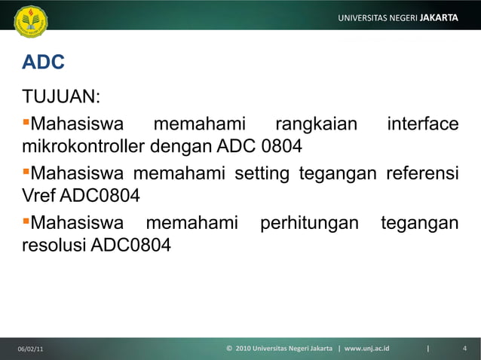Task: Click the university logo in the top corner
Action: [30, 22]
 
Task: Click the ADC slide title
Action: [43, 63]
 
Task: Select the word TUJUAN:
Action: [62, 99]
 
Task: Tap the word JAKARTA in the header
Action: [439, 17]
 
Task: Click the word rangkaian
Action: [315, 123]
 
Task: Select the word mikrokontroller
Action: [84, 145]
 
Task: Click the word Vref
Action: [38, 197]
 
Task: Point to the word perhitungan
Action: [308, 224]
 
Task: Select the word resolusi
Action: [54, 246]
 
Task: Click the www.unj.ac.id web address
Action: [367, 349]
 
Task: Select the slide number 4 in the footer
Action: [465, 349]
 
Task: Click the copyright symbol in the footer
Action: [229, 349]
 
